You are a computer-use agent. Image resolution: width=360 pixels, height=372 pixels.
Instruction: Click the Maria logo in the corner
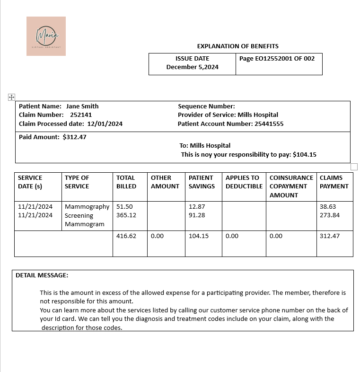tap(46, 36)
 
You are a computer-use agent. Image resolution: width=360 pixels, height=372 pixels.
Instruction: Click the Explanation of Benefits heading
tap(237, 46)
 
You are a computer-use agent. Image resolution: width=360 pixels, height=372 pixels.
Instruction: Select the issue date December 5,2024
tap(192, 67)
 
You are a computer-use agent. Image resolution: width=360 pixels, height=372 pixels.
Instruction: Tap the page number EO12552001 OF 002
tap(277, 58)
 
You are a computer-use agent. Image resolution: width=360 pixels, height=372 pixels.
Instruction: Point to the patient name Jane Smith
tap(82, 106)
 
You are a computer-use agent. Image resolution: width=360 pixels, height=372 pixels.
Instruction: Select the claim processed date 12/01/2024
tap(105, 124)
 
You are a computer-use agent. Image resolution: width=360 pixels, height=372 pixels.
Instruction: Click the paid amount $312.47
tap(74, 137)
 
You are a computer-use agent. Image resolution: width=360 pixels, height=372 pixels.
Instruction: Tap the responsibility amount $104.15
tap(305, 154)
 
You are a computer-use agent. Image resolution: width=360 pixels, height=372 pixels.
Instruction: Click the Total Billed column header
tap(126, 182)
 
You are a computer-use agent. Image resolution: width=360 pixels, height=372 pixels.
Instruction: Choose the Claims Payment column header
tap(334, 182)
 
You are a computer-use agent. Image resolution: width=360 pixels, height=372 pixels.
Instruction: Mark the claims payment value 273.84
tap(330, 215)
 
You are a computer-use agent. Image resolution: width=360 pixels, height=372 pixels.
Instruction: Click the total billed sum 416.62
tap(126, 236)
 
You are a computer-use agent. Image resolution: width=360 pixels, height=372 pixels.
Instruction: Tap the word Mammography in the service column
tap(87, 207)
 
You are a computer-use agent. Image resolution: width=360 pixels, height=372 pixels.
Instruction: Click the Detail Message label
tap(42, 275)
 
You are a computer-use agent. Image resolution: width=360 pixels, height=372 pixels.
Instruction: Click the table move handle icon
tap(11, 97)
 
